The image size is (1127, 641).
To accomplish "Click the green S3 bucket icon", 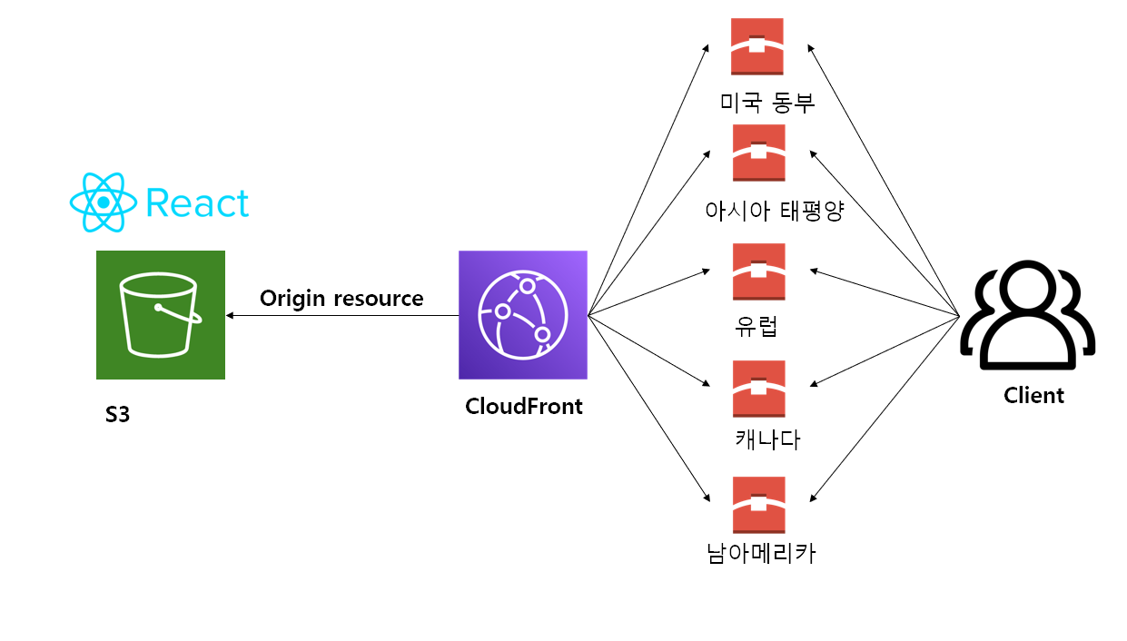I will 160,314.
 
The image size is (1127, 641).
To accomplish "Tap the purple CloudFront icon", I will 523,314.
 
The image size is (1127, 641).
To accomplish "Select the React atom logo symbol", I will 103,202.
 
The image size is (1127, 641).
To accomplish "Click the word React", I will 196,203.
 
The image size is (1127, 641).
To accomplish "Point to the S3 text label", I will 117,417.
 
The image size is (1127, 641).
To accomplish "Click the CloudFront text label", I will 523,406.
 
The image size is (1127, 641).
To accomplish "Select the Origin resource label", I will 341,298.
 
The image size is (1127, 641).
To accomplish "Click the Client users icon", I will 1027,314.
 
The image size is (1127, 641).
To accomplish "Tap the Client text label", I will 1033,395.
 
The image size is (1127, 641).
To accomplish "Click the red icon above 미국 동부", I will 758,46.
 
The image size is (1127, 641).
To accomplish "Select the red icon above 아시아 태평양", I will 758,153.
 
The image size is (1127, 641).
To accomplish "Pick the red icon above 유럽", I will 758,271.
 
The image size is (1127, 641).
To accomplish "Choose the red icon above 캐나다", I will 758,389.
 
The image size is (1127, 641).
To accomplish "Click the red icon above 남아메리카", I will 758,505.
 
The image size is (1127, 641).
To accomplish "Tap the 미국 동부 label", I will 766,102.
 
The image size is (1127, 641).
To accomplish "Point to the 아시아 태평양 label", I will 775,211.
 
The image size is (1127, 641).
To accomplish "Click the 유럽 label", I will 756,325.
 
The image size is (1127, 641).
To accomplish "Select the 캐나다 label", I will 766,440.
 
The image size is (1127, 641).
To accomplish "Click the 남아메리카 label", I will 761,553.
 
